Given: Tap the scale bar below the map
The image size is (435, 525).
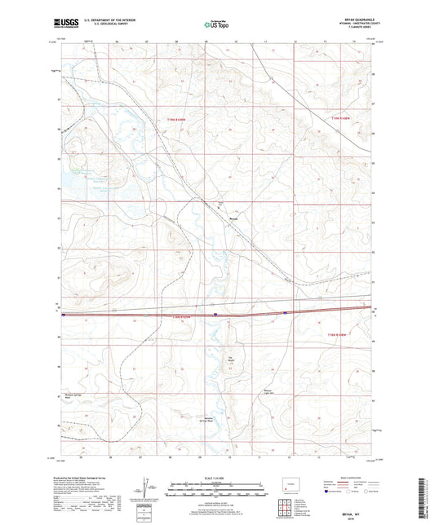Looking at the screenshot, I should (x=216, y=492).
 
